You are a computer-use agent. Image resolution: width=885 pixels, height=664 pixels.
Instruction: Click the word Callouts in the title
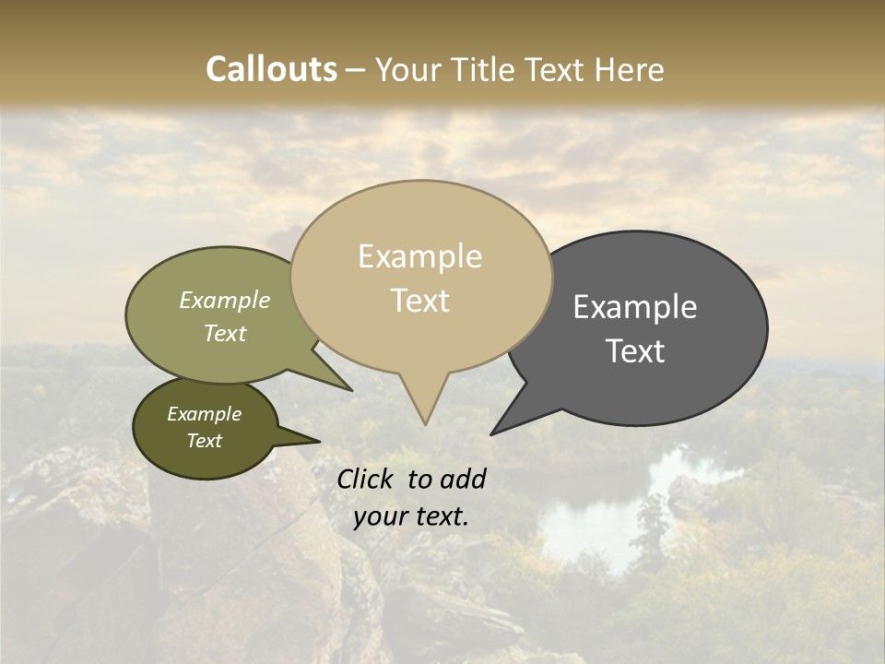click(271, 69)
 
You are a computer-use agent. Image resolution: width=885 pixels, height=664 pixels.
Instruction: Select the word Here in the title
click(631, 69)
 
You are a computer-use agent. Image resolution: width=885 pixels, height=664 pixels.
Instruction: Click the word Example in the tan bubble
click(419, 256)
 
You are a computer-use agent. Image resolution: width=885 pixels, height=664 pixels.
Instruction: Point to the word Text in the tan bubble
click(420, 301)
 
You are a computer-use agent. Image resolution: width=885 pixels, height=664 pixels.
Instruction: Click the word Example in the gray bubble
click(635, 307)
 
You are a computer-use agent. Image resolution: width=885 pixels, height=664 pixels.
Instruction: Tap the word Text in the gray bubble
click(636, 351)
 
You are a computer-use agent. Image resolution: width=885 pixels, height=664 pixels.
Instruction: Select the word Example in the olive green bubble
click(225, 301)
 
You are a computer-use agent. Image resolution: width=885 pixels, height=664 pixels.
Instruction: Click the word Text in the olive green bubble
click(225, 333)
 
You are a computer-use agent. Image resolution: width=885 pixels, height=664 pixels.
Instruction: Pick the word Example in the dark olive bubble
click(204, 414)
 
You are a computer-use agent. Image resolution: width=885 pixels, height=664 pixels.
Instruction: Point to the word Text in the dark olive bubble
click(204, 441)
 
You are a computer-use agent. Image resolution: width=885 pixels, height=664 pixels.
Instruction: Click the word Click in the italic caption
click(367, 479)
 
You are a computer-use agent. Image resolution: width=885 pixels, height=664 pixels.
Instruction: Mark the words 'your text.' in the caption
click(410, 516)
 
